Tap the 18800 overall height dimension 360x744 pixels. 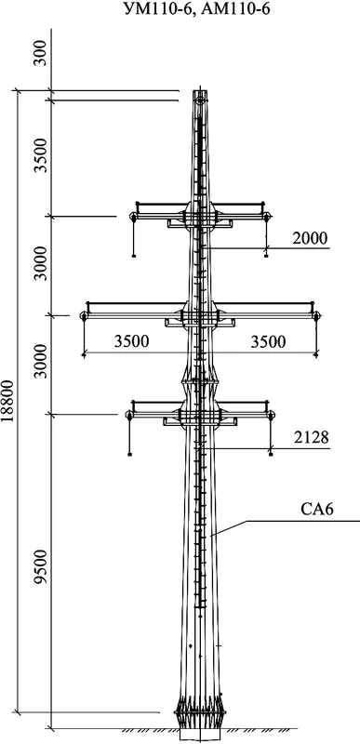tap(7, 400)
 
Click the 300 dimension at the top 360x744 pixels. tap(42, 53)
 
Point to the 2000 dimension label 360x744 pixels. tap(310, 238)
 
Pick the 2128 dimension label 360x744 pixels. tap(311, 437)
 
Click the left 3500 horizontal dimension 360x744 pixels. tap(131, 341)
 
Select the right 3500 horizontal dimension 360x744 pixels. tap(269, 341)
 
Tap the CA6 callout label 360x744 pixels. tap(317, 510)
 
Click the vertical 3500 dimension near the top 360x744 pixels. tap(42, 155)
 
